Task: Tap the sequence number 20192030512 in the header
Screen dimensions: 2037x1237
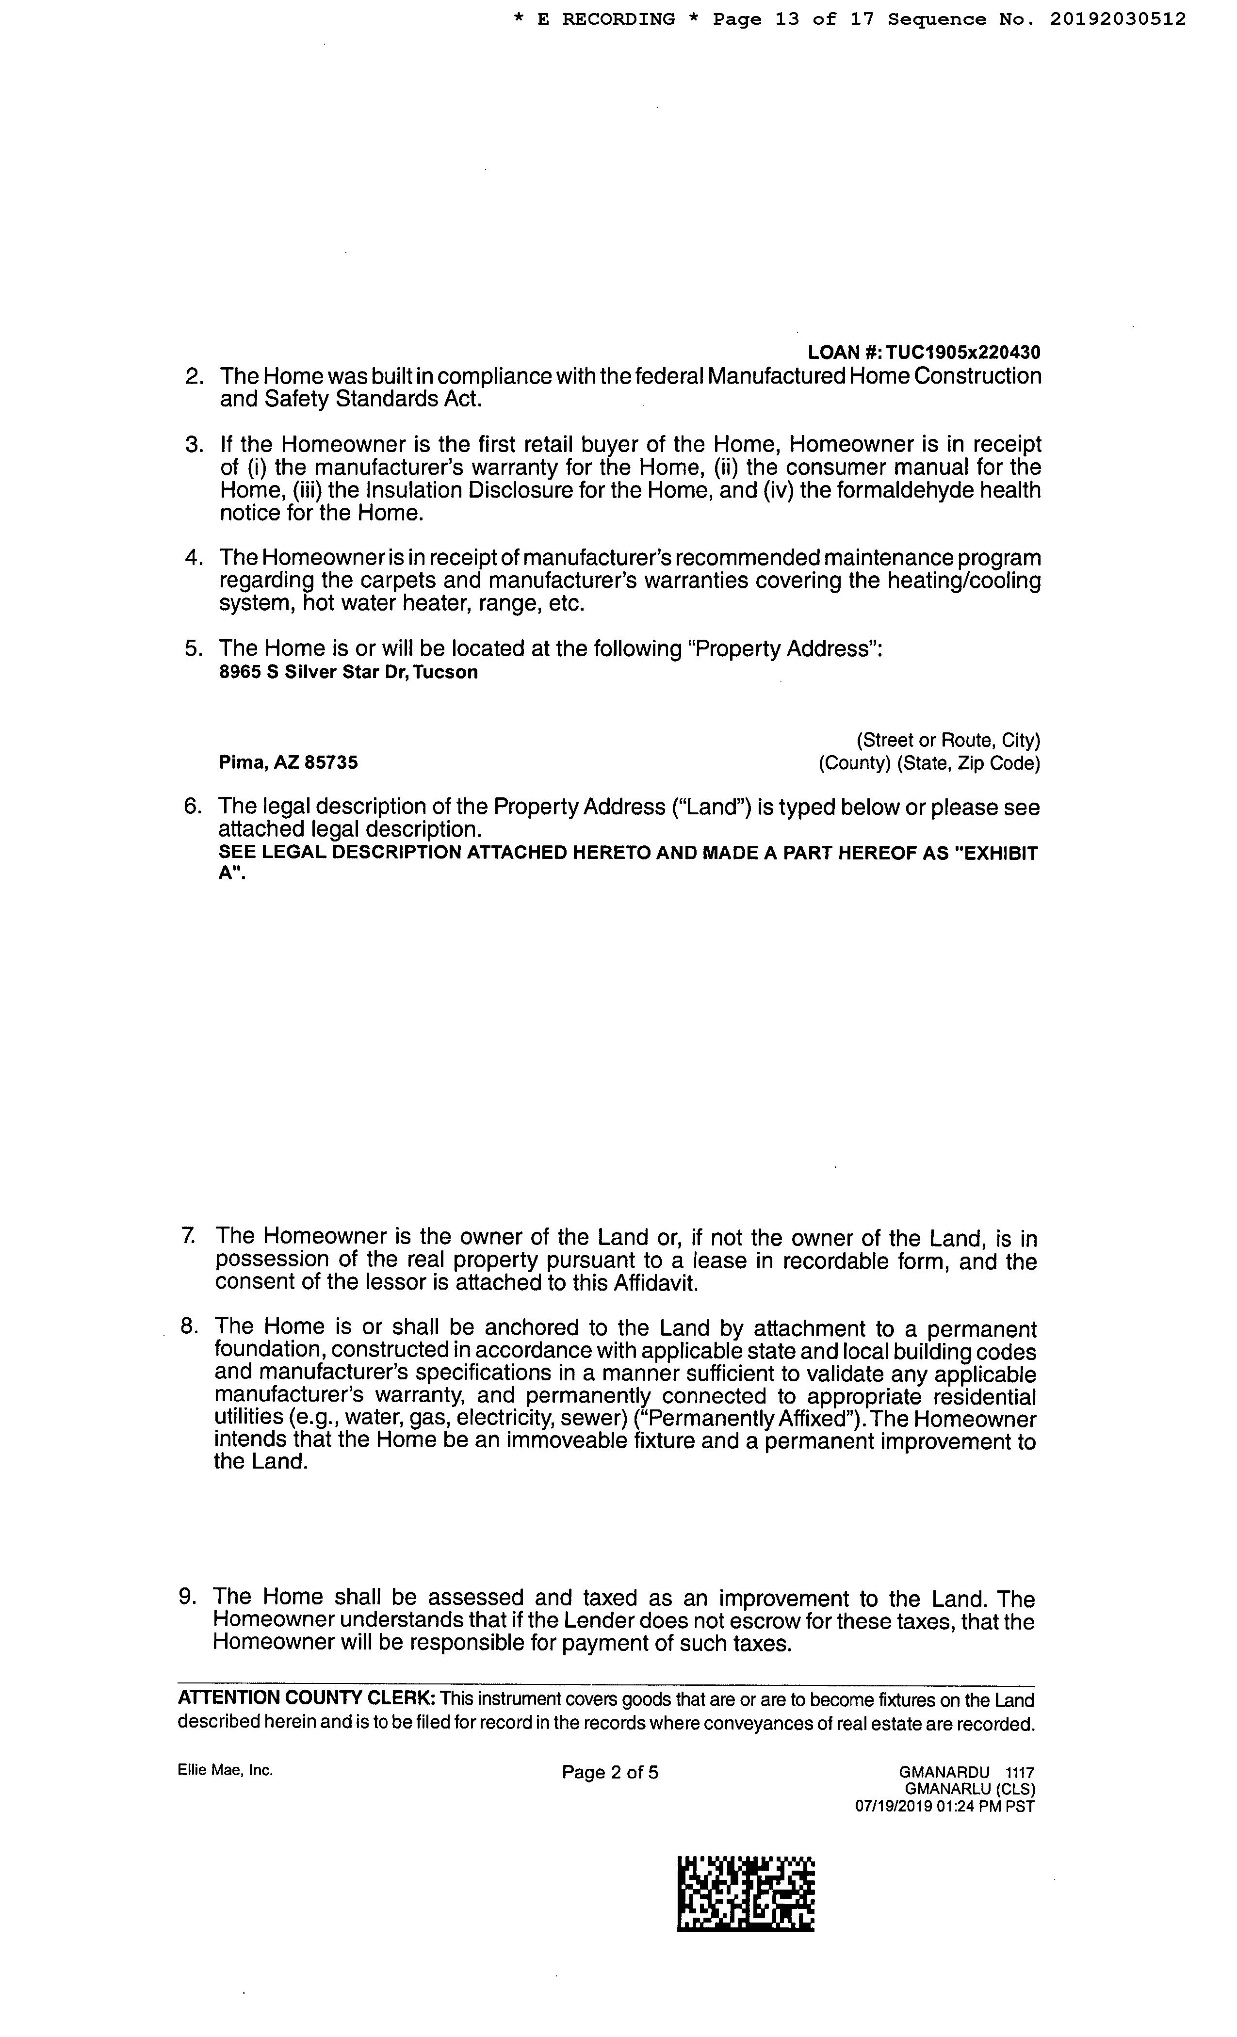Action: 1118,19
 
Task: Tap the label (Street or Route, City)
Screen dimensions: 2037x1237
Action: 947,740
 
